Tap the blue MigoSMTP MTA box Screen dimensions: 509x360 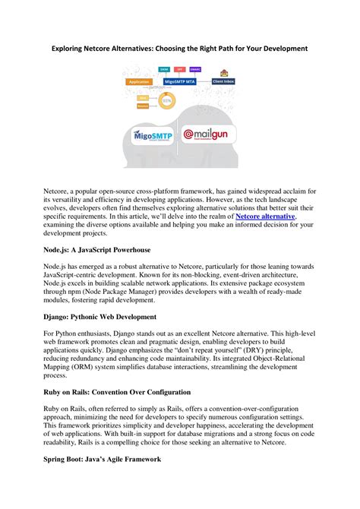coord(181,79)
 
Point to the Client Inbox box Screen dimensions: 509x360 coord(222,81)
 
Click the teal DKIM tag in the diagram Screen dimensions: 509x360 coord(164,68)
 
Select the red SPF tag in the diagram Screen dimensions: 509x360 coord(179,68)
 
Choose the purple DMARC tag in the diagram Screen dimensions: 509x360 coord(195,68)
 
